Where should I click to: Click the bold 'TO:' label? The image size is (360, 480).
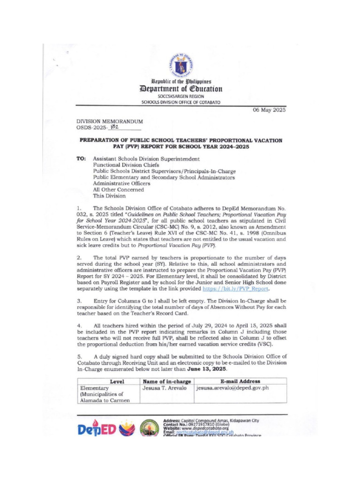82,159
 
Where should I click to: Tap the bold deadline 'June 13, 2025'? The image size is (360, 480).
207,369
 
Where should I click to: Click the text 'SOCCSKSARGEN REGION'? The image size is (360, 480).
180,96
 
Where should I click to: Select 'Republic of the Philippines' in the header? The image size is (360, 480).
180,81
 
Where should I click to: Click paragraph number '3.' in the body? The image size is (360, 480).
79,300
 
